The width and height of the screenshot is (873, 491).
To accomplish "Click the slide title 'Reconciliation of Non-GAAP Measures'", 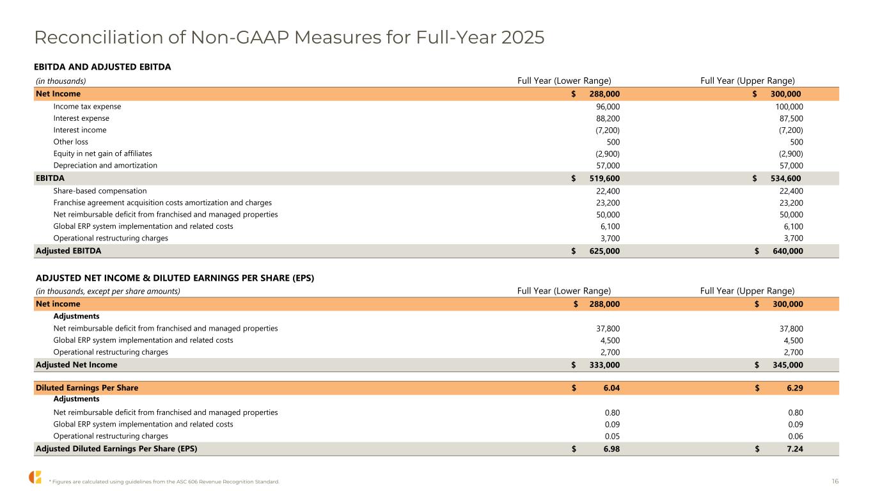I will tap(289, 38).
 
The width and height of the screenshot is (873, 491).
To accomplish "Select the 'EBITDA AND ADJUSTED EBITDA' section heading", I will tap(102, 66).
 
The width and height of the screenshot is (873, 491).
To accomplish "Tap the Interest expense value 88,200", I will tap(608, 118).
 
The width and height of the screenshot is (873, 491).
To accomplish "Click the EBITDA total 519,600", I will tap(604, 178).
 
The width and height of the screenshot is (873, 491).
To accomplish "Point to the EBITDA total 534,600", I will tap(786, 178).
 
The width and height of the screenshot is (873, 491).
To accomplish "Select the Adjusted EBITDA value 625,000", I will tap(604, 251).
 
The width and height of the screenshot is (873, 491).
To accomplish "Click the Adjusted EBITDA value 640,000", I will tap(786, 251).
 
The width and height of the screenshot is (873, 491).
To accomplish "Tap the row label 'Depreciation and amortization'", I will tap(105, 165).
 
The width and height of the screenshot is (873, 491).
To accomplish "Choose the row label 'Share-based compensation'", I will tap(100, 191).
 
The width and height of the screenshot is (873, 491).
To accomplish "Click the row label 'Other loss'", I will tap(70, 141).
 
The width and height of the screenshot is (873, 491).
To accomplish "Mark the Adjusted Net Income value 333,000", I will tap(604, 365).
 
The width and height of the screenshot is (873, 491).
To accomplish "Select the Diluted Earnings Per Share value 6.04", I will tap(611, 388).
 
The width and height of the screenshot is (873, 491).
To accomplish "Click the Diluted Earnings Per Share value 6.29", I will tap(794, 388).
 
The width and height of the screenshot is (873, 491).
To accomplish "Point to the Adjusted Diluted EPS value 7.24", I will tap(794, 449).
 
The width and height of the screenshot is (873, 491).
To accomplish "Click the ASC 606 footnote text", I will tap(164, 481).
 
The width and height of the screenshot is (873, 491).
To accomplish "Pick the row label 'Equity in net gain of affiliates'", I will tap(102, 153).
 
